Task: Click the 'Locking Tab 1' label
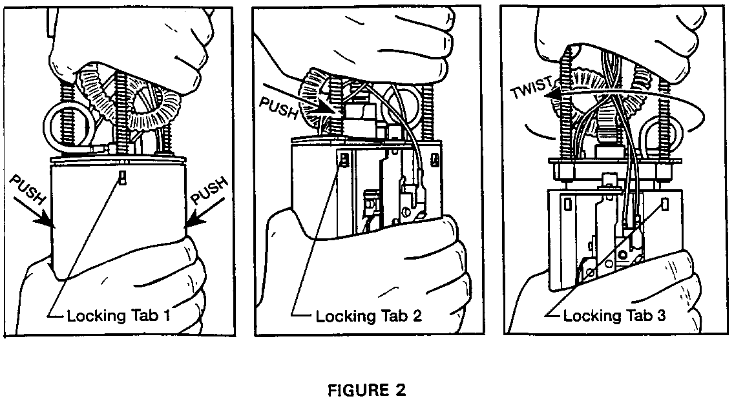tap(118, 316)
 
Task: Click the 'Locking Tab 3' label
tap(614, 316)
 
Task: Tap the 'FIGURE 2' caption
tap(366, 390)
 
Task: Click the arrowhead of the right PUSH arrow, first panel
tap(193, 223)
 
